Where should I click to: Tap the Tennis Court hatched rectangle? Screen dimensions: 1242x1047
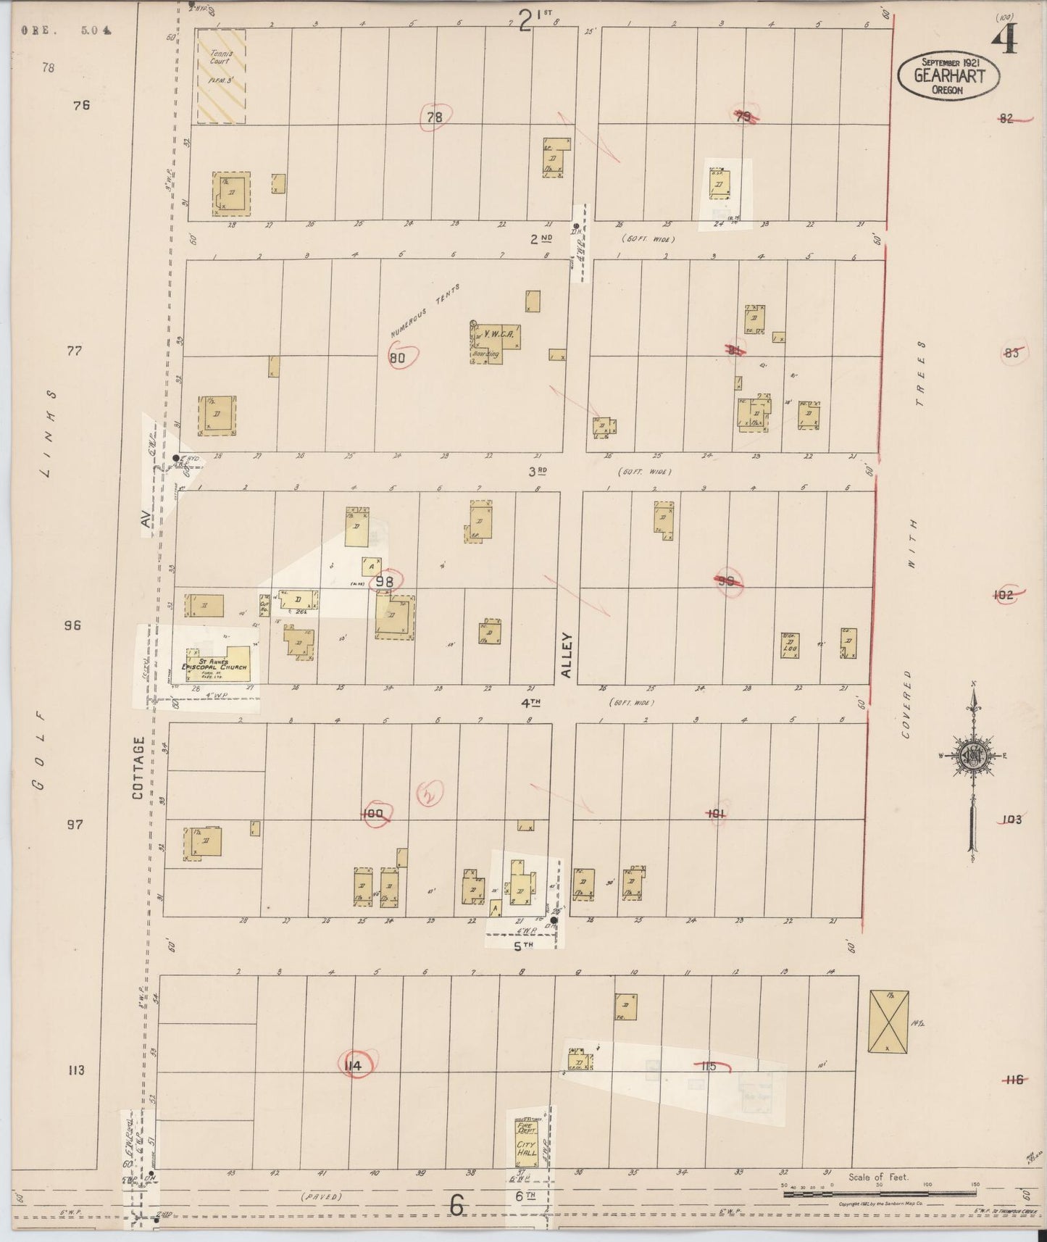coord(221,76)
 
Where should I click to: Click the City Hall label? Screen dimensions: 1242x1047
coord(527,1149)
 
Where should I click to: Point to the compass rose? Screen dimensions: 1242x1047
coord(973,756)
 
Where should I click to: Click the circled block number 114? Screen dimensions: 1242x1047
coord(354,1065)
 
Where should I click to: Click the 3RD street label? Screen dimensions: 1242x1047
coord(537,471)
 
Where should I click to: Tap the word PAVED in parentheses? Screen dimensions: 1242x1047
coord(321,1196)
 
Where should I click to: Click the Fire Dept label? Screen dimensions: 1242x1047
coord(526,1128)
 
